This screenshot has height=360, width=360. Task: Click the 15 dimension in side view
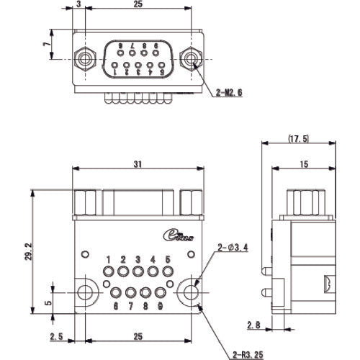tap(304, 165)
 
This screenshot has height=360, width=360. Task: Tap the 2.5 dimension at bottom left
tap(55, 336)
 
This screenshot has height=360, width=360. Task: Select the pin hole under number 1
tap(108, 272)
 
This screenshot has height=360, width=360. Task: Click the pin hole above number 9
tap(160, 293)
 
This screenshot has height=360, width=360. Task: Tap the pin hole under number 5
tap(168, 272)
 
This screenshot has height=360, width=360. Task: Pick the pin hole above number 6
tap(115, 293)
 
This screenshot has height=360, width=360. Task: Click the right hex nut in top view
tap(191, 58)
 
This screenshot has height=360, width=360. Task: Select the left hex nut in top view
tap(84, 58)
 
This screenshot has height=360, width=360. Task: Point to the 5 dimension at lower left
tap(48, 302)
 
